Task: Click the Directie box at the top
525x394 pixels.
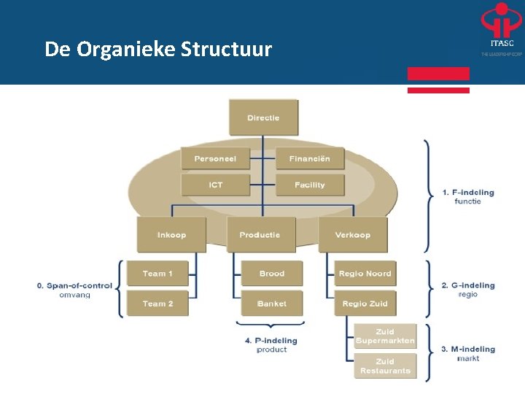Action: point(263,117)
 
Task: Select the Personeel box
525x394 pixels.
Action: point(215,158)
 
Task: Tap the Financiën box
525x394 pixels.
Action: point(309,158)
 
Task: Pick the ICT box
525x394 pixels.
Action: point(215,185)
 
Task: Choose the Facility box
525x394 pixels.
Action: point(309,185)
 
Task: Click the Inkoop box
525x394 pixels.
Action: point(171,235)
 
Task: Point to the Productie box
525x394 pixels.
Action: point(260,235)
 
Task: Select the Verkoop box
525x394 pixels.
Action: point(353,235)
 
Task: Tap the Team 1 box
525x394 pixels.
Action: point(157,274)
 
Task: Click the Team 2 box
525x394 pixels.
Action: point(157,304)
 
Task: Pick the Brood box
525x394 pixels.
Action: point(271,274)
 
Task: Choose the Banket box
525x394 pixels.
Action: point(271,304)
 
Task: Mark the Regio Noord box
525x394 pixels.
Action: point(365,274)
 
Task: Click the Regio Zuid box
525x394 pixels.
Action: point(365,304)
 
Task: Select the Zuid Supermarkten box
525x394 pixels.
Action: point(385,336)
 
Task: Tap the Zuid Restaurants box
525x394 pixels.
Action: point(385,366)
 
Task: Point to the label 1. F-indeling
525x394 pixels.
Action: point(468,193)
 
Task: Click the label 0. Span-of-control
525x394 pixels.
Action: point(74,285)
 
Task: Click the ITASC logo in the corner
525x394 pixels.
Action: point(501,29)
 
